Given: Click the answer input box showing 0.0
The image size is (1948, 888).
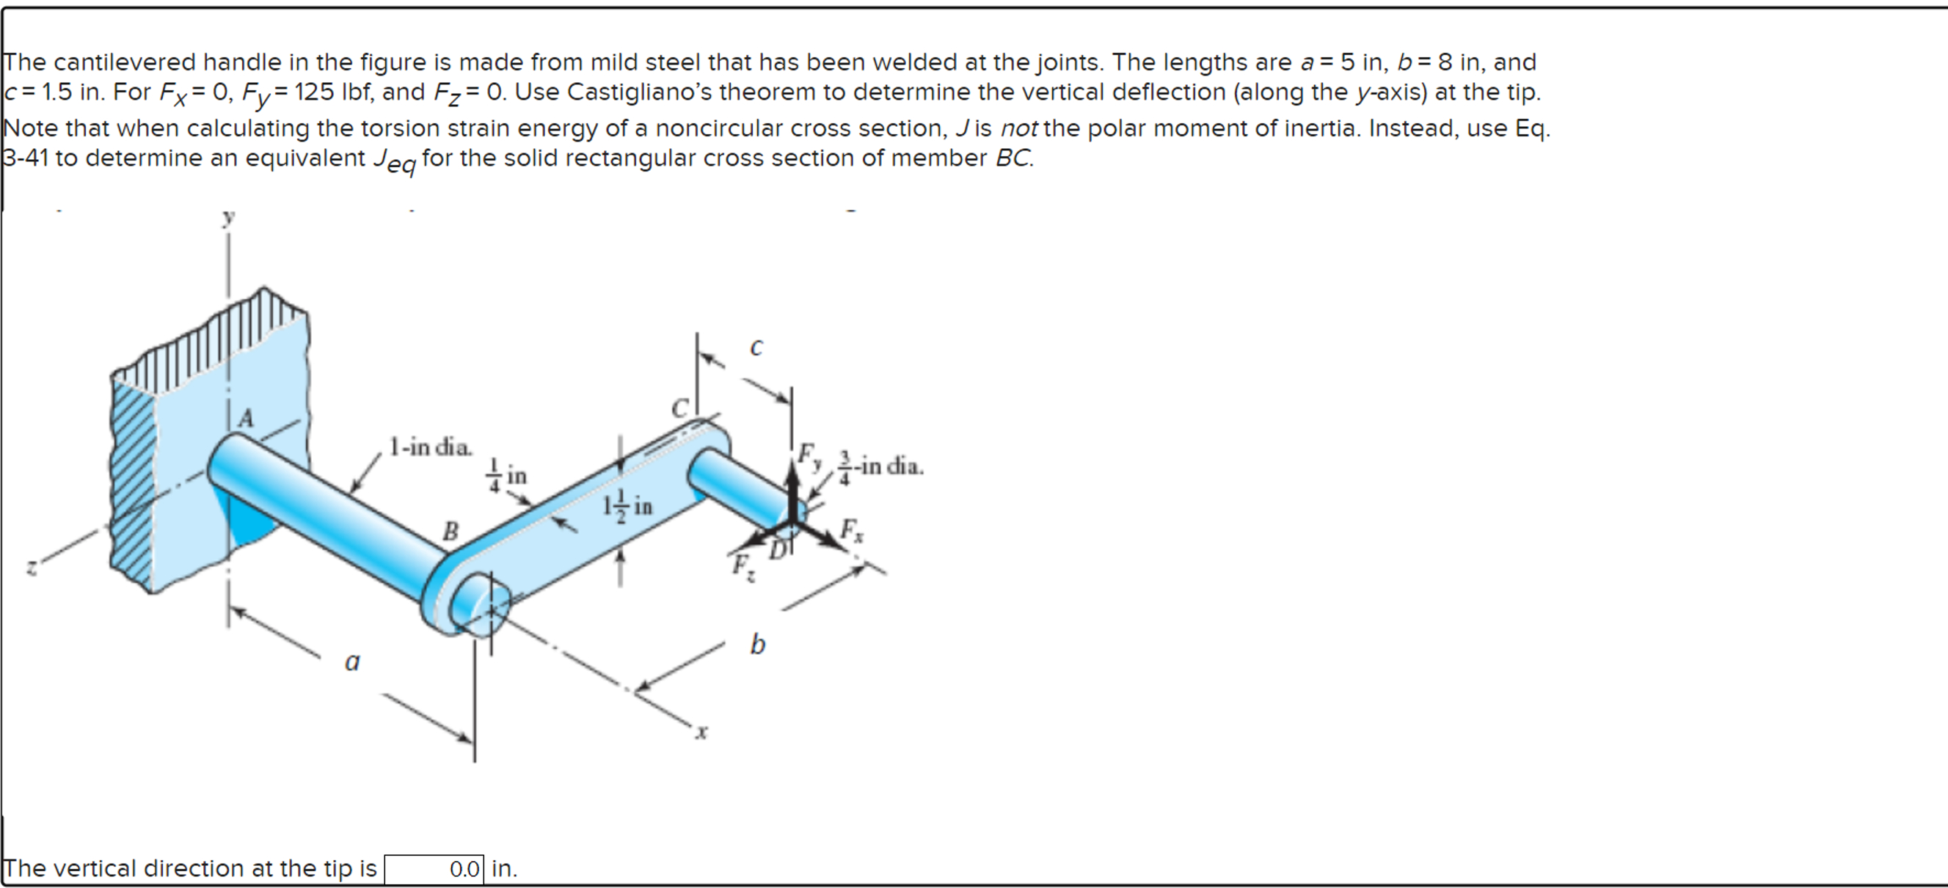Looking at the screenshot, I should pyautogui.click(x=434, y=869).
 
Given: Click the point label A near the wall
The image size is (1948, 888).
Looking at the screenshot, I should pyautogui.click(x=247, y=418).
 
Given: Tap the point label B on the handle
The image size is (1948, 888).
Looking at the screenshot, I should pyautogui.click(x=450, y=531).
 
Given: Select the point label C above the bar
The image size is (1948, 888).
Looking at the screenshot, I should pyautogui.click(x=680, y=409).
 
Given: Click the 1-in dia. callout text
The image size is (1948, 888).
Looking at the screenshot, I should pyautogui.click(x=430, y=447).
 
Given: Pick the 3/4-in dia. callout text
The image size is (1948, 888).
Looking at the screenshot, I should pyautogui.click(x=881, y=466).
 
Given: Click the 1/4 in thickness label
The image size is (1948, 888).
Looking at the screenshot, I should pyautogui.click(x=507, y=475).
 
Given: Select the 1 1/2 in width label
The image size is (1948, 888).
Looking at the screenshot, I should pyautogui.click(x=627, y=504).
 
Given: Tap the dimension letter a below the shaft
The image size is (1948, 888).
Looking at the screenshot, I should pyautogui.click(x=352, y=661).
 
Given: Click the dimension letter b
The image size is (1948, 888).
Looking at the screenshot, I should pyautogui.click(x=758, y=644).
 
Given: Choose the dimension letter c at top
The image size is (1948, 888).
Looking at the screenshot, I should pyautogui.click(x=756, y=347).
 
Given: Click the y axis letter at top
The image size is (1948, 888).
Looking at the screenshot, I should pyautogui.click(x=228, y=218).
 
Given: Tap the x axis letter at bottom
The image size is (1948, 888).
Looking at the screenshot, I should pyautogui.click(x=701, y=731).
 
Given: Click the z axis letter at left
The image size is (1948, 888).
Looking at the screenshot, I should pyautogui.click(x=31, y=566).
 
